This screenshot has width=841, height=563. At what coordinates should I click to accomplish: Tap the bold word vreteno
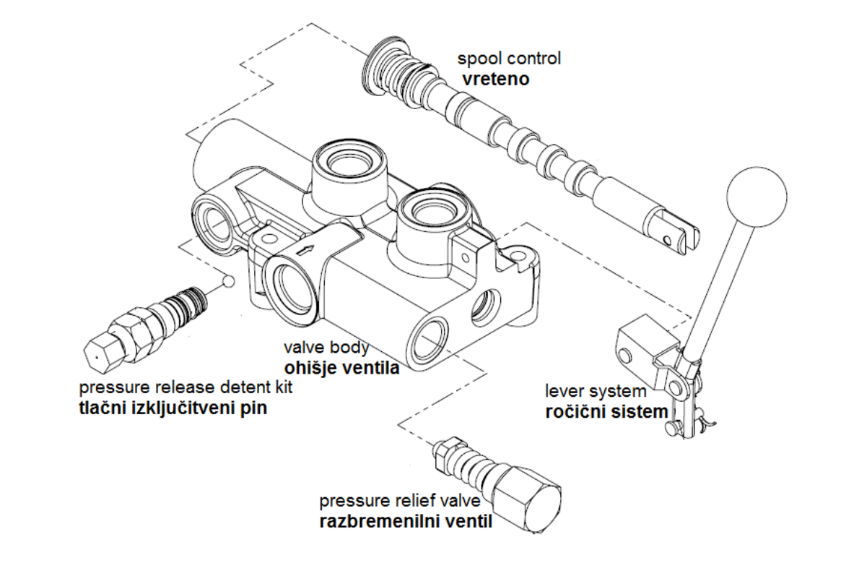[495, 79]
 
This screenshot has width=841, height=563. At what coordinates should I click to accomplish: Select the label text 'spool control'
[509, 59]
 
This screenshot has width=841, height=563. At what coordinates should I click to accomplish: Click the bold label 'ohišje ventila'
[342, 368]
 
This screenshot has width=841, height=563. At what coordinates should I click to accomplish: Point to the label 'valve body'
[326, 348]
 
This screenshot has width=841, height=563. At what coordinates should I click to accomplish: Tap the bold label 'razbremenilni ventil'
[406, 520]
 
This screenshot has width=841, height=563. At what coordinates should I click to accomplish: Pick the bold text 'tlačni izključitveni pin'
[173, 408]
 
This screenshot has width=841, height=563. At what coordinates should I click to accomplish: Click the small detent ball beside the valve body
[228, 280]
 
